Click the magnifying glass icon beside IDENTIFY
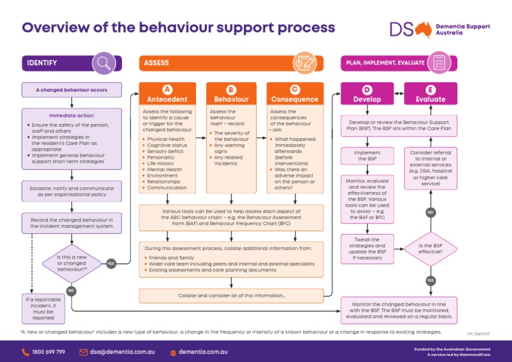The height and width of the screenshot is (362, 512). pyautogui.click(x=103, y=63)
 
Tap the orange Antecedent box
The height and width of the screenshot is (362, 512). pyautogui.click(x=167, y=94)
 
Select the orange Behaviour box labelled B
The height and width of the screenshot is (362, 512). pyautogui.click(x=231, y=94)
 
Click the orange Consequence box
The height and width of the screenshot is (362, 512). pyautogui.click(x=295, y=94)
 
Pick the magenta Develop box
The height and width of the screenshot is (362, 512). pyautogui.click(x=367, y=94)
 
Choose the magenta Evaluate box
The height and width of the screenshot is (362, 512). pyautogui.click(x=430, y=94)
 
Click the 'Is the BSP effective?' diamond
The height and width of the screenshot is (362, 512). pyautogui.click(x=430, y=249)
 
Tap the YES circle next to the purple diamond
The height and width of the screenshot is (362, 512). pyautogui.click(x=111, y=263)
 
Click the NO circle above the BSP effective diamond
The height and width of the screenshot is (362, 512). pyautogui.click(x=430, y=213)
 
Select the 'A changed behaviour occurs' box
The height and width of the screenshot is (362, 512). pyautogui.click(x=71, y=89)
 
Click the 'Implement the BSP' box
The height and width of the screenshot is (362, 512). pyautogui.click(x=367, y=155)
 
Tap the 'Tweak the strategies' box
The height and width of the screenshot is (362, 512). pyautogui.click(x=367, y=248)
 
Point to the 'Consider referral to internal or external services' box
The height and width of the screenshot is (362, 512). pyautogui.click(x=430, y=168)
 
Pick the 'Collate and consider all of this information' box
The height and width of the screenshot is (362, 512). pyautogui.click(x=231, y=295)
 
